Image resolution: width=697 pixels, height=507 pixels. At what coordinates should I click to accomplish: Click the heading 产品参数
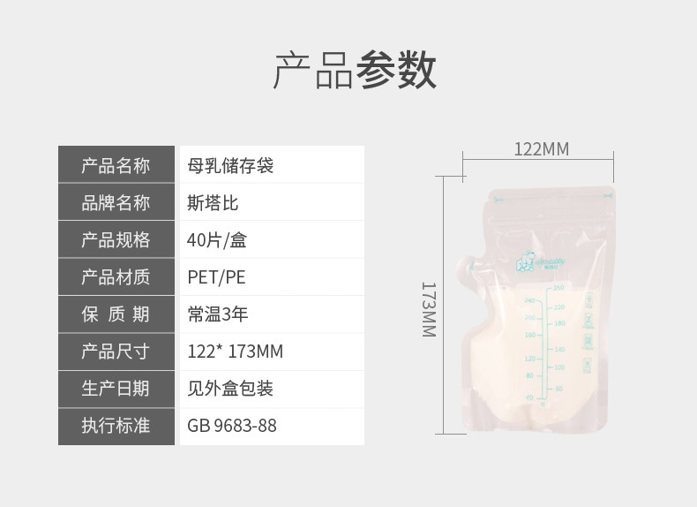[x=354, y=71]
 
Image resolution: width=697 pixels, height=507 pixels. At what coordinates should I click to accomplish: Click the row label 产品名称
[x=116, y=165]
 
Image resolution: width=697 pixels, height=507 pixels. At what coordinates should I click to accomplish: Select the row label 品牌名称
[x=116, y=202]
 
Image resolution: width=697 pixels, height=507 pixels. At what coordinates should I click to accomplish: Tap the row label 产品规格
[x=116, y=240]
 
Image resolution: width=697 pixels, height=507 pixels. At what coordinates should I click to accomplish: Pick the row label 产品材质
[x=116, y=277]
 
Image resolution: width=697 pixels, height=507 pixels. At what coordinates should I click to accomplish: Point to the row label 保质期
[x=116, y=314]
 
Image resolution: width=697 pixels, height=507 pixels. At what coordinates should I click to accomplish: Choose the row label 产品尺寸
[x=116, y=352]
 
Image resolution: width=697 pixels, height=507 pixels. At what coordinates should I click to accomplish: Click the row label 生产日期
[x=116, y=389]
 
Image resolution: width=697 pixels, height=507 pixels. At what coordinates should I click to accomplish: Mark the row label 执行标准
[x=116, y=426]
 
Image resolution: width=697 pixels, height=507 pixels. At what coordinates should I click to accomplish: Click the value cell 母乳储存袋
[x=230, y=165]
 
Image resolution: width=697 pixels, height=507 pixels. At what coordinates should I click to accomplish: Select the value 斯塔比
[x=213, y=202]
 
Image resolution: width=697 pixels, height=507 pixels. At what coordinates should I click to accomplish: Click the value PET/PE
[x=216, y=277]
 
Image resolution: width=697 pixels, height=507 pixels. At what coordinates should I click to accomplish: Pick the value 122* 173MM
[x=235, y=352]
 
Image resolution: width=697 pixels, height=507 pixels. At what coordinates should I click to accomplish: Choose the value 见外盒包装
[x=230, y=389]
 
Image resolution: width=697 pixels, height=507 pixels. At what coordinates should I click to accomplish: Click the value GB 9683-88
[x=232, y=426]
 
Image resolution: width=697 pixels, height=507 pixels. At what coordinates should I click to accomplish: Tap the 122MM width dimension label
[x=541, y=149]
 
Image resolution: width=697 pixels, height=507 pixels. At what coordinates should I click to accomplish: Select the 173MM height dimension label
[x=428, y=309]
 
